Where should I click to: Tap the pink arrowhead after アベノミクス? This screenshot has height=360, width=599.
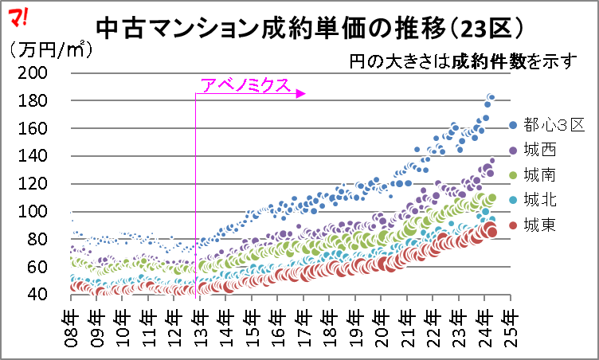coord(301,94)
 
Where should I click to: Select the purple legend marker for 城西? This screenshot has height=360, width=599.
coord(513,150)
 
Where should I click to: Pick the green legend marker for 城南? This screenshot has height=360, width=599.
coord(513,175)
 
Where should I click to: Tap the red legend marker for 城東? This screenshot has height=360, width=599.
coord(513,226)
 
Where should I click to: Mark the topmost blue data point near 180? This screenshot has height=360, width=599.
coord(491,97)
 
